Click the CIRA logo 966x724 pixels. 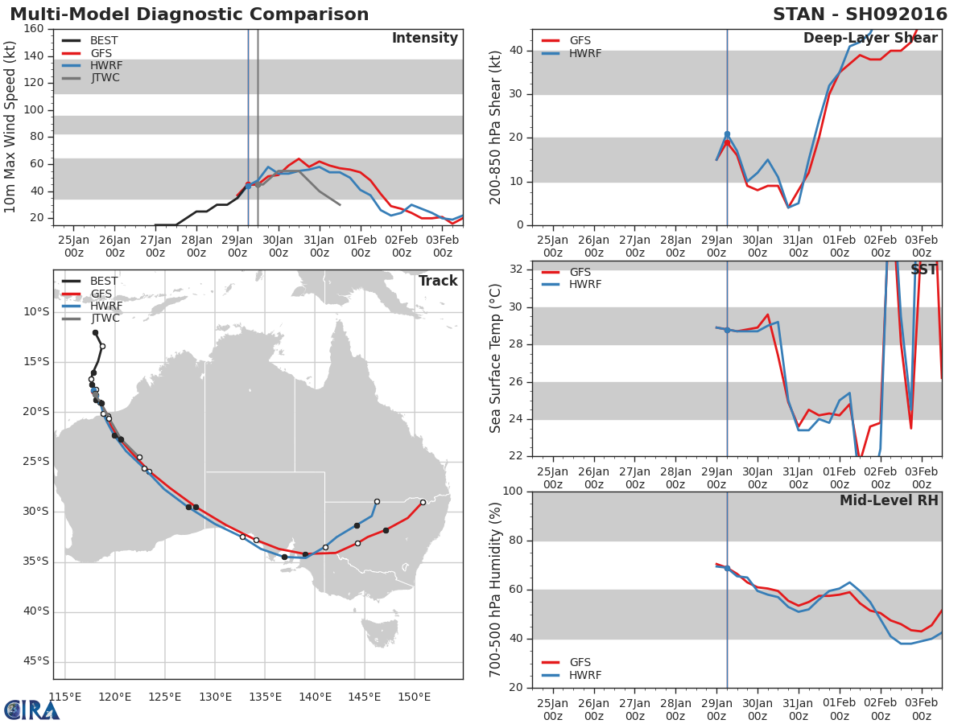click(31, 710)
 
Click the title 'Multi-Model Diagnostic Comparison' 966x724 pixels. click(189, 14)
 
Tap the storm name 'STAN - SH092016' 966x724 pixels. click(860, 14)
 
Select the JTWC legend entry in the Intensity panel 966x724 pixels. click(91, 78)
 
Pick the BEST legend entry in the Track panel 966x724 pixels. click(90, 281)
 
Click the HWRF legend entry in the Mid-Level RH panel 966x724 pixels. click(572, 675)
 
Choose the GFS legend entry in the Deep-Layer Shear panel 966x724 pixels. click(566, 40)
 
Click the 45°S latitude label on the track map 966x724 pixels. click(36, 661)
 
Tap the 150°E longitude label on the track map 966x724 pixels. click(414, 697)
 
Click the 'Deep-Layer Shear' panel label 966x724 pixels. click(870, 38)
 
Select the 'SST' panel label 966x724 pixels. click(923, 269)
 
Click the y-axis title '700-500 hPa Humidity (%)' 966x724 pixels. click(495, 590)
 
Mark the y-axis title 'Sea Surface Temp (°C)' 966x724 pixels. click(495, 358)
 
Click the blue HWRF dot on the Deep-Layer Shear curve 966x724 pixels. click(727, 134)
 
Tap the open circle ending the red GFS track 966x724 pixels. click(423, 503)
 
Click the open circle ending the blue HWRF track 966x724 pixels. click(378, 501)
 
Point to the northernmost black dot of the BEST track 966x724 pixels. click(95, 333)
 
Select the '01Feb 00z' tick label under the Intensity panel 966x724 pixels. click(361, 246)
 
